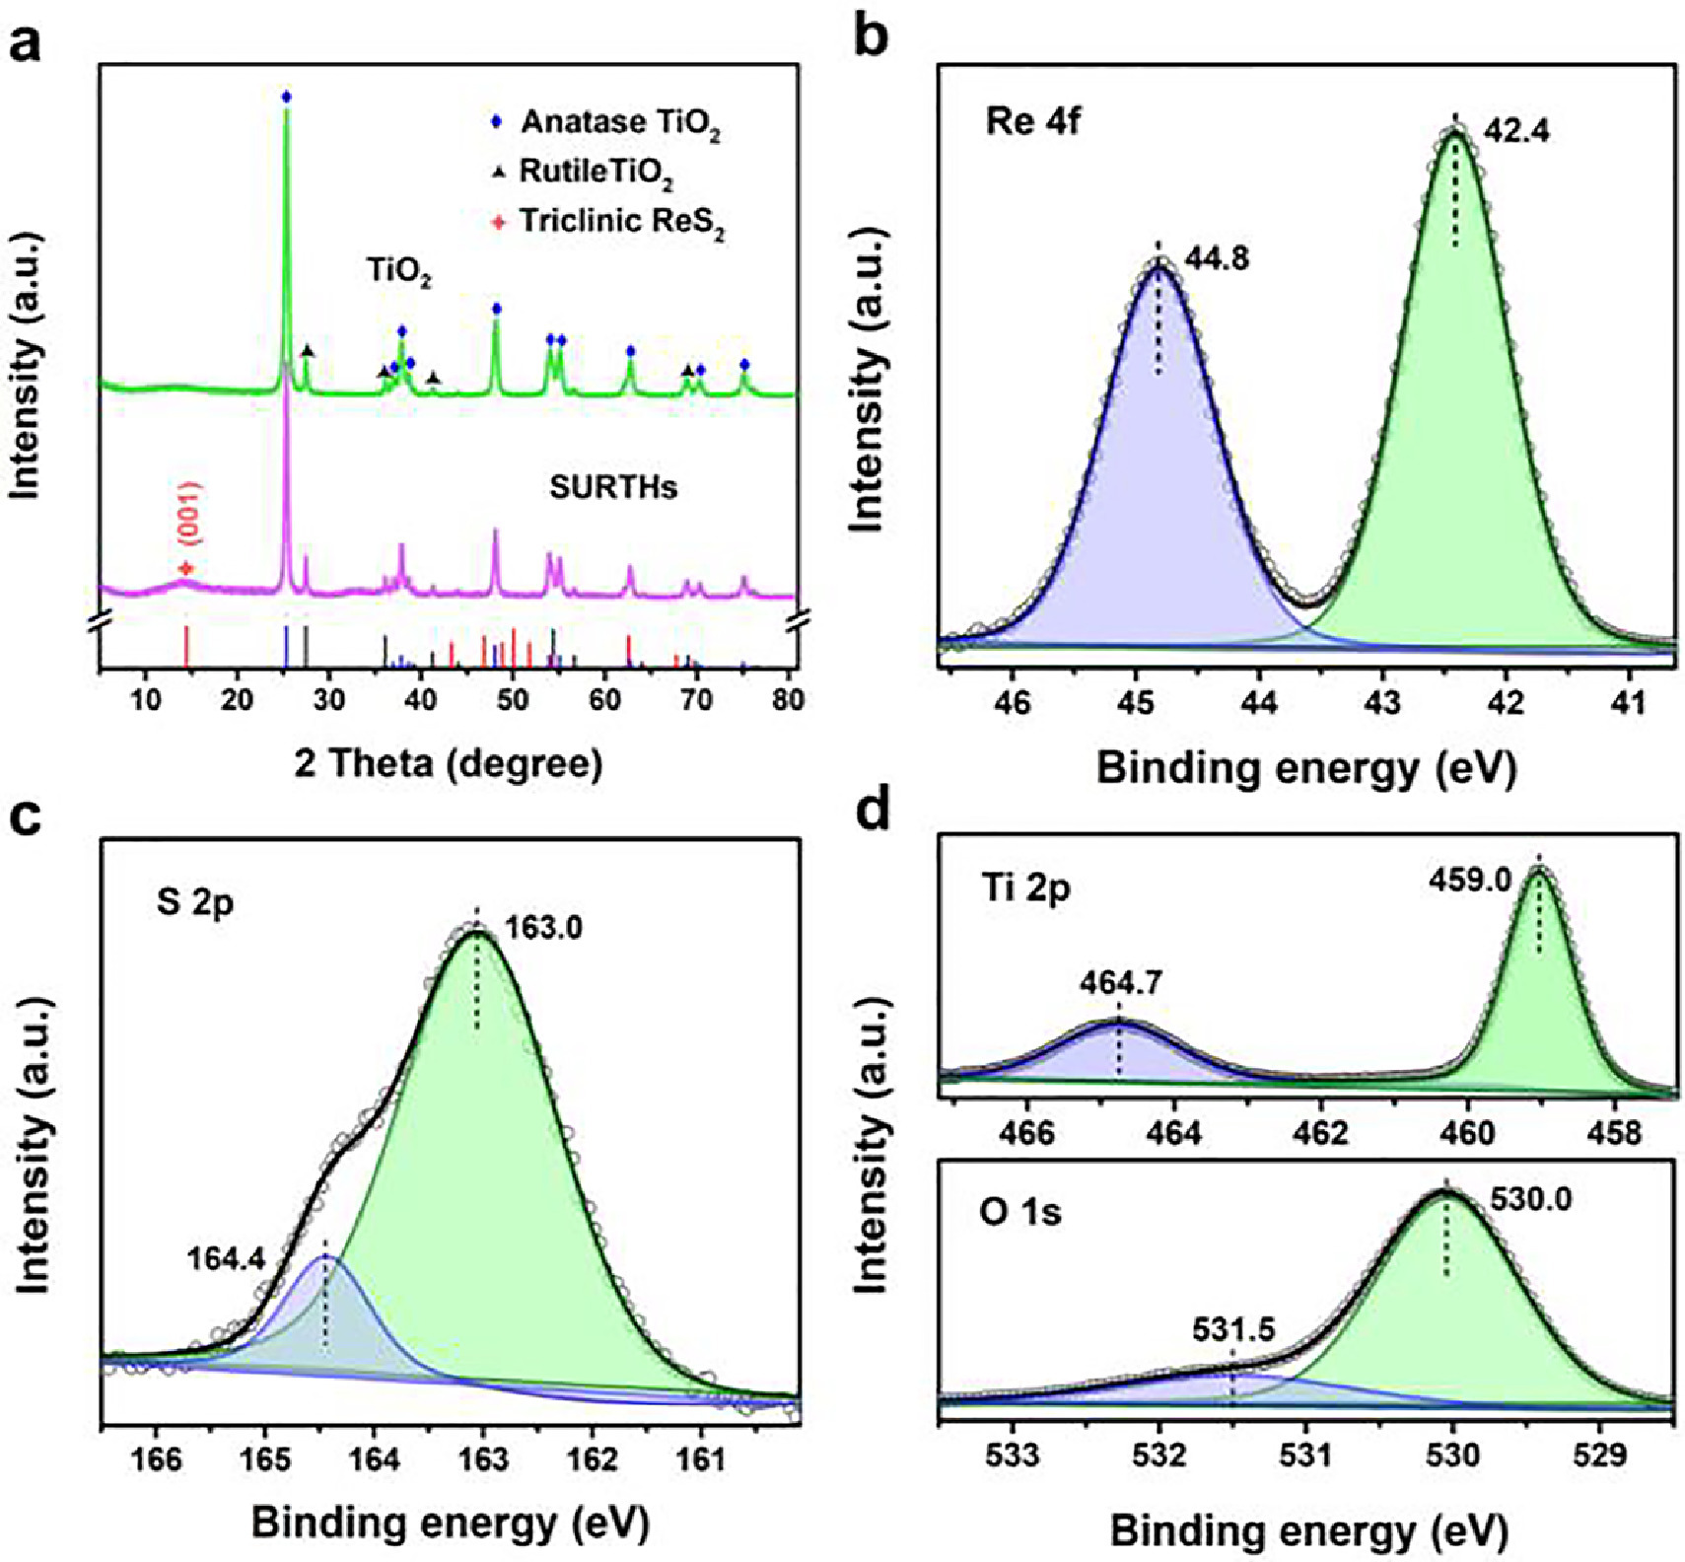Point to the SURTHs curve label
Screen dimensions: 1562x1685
(613, 487)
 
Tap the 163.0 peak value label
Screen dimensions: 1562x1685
(543, 927)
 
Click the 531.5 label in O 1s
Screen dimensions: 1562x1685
(1232, 1330)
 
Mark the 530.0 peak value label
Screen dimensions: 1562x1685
(1529, 1199)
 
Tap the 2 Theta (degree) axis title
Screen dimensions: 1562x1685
(449, 763)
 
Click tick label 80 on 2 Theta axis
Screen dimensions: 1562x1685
(788, 699)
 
